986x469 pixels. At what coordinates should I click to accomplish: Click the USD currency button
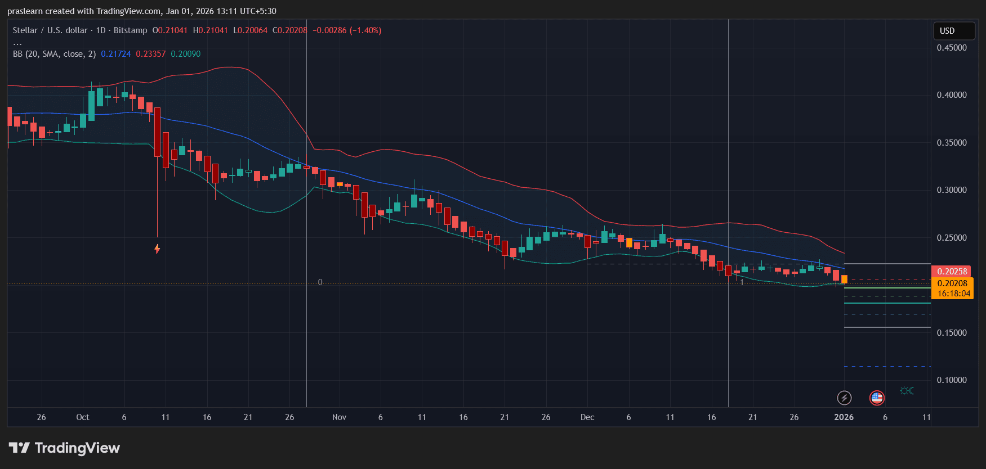tap(953, 31)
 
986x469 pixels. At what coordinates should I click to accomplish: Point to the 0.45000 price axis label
tap(952, 48)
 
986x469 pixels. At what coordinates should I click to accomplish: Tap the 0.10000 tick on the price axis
tap(952, 380)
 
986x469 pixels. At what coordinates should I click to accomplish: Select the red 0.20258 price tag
tap(952, 271)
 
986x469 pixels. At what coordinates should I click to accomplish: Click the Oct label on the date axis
tap(83, 417)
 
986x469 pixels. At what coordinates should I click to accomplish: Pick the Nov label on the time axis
tap(339, 417)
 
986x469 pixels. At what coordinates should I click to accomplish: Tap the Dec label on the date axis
tap(587, 417)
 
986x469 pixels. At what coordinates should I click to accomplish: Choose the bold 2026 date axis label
tap(844, 417)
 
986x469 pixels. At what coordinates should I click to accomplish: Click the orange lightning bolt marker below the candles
tap(157, 249)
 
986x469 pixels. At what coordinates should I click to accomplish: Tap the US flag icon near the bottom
tap(877, 398)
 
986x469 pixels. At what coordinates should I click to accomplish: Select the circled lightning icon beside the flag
tap(844, 398)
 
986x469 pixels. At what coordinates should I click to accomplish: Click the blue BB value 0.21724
tap(116, 54)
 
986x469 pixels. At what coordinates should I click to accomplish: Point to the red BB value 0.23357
tap(151, 54)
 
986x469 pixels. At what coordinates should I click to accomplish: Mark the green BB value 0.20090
tap(186, 54)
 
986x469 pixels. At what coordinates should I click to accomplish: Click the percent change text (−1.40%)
tap(365, 30)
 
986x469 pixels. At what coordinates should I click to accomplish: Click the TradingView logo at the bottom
tap(65, 448)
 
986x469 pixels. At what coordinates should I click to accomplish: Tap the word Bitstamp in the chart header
tap(130, 30)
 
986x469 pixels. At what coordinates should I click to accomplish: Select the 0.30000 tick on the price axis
tap(952, 190)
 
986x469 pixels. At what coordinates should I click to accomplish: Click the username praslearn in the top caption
tap(25, 11)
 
